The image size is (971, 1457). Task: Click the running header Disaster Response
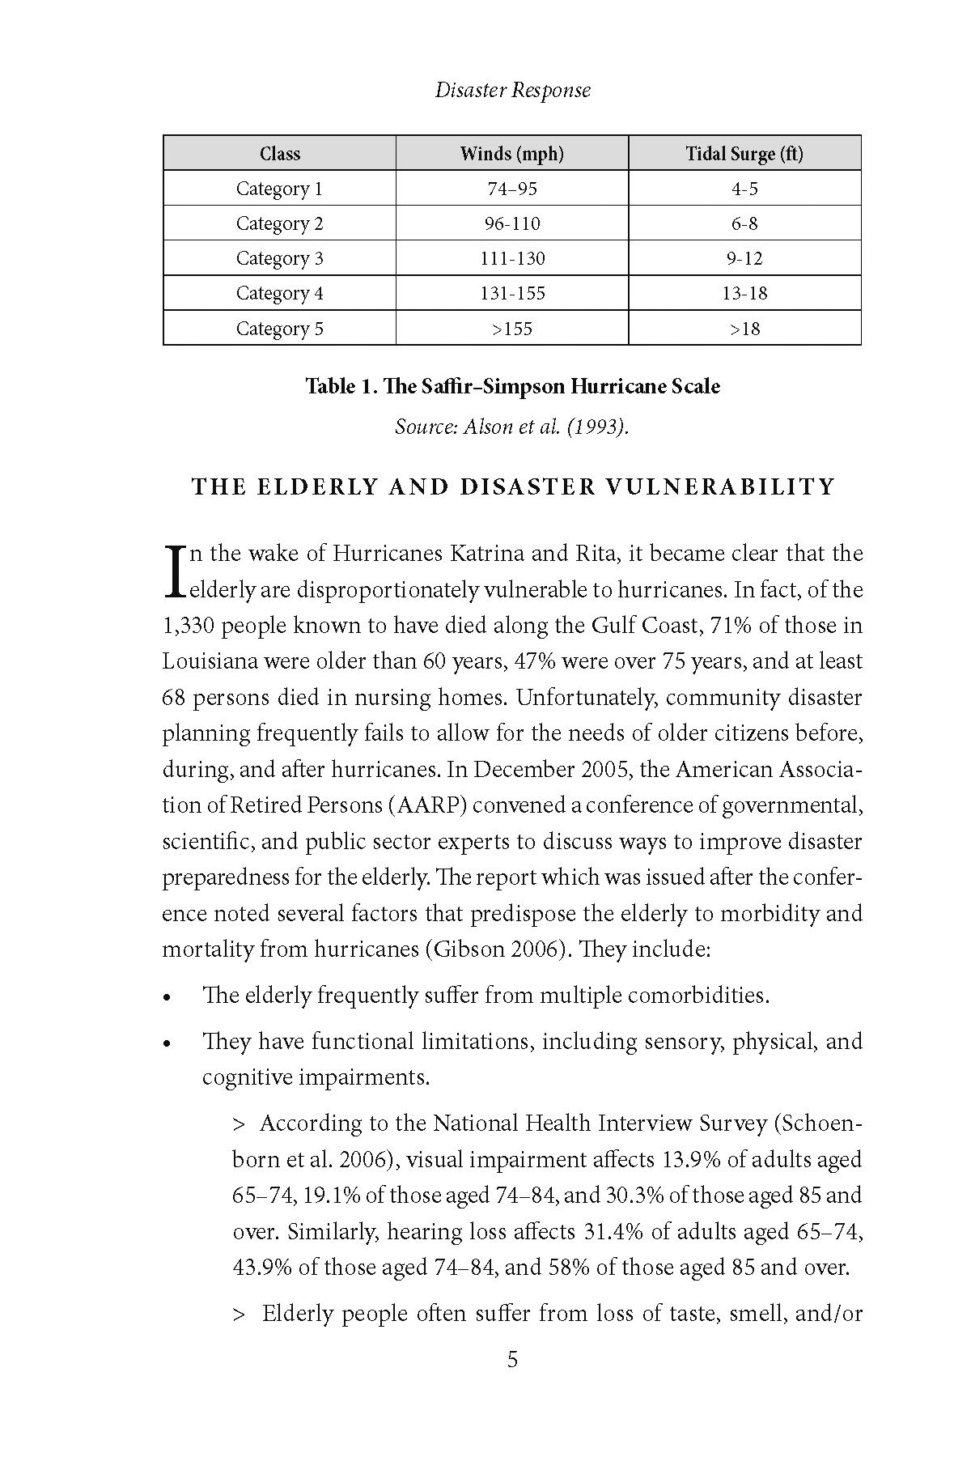pyautogui.click(x=512, y=90)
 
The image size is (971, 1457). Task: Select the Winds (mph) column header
pyautogui.click(x=511, y=154)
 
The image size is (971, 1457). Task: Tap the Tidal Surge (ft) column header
pyautogui.click(x=744, y=154)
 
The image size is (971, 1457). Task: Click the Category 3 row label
pyautogui.click(x=279, y=258)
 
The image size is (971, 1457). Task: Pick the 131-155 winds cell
pyautogui.click(x=511, y=293)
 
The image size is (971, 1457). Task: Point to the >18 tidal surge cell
pyautogui.click(x=744, y=329)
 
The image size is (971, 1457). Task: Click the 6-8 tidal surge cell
pyautogui.click(x=744, y=223)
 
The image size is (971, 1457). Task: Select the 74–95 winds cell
pyautogui.click(x=511, y=189)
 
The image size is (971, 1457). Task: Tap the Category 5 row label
pyautogui.click(x=279, y=329)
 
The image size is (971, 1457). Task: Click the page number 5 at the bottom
pyautogui.click(x=512, y=1360)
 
